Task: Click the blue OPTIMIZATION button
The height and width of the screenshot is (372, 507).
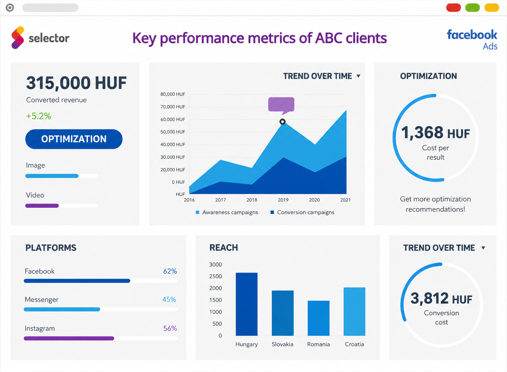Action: click(x=74, y=139)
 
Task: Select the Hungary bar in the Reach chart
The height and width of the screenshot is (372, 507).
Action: click(x=247, y=304)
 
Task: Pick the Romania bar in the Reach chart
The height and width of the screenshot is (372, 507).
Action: click(x=318, y=318)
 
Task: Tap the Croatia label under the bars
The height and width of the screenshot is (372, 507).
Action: click(x=354, y=344)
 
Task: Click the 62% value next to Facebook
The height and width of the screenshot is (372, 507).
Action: click(x=170, y=271)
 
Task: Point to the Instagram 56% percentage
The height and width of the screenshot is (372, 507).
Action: click(x=170, y=328)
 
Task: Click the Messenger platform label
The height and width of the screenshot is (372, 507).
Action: click(x=41, y=299)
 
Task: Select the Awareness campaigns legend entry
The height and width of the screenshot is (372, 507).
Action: click(x=227, y=213)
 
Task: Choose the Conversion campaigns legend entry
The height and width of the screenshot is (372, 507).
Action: click(x=303, y=213)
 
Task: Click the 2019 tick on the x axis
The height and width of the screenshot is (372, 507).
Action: click(x=283, y=200)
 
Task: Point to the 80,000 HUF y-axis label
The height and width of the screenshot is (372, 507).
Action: click(x=173, y=94)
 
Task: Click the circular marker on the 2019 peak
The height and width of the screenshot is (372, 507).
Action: click(x=282, y=122)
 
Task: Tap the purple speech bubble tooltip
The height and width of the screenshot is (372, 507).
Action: click(x=281, y=105)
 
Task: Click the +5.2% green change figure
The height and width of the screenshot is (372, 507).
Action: click(x=39, y=116)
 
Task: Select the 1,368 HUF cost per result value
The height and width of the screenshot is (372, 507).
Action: click(x=436, y=133)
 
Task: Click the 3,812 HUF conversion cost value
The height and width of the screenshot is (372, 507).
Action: click(x=441, y=298)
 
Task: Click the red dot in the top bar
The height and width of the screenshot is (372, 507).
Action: click(x=453, y=8)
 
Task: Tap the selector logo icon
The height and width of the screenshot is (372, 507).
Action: click(x=18, y=38)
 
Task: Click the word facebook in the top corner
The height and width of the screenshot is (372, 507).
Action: click(x=472, y=35)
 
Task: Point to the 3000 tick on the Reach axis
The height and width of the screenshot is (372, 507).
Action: click(x=216, y=264)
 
